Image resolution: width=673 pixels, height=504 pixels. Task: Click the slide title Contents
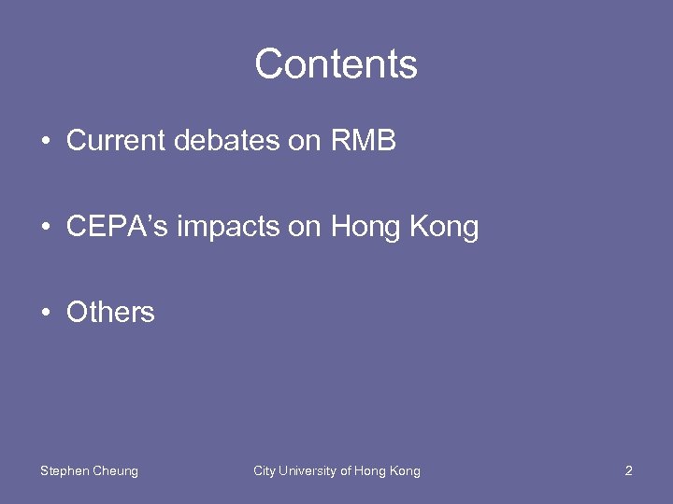pos(336,64)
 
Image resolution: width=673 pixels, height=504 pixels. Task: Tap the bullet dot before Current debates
pos(45,142)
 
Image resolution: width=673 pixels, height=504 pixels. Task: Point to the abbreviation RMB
pos(364,141)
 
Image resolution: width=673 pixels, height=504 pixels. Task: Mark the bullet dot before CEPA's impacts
pos(45,228)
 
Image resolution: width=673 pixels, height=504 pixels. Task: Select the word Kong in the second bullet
pos(444,228)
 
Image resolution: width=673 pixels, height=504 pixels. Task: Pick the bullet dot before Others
pos(45,313)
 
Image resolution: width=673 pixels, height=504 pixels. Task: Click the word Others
pos(110,312)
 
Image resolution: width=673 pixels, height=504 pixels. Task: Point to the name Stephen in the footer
pos(64,471)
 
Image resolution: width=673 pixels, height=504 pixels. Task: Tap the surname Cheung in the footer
pos(115,471)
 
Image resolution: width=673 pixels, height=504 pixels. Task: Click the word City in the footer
pos(265,471)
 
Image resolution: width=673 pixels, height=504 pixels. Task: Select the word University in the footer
pos(308,471)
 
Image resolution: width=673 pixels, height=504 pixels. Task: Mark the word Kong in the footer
pos(405,471)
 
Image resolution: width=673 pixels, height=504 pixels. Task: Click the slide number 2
pos(628,471)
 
